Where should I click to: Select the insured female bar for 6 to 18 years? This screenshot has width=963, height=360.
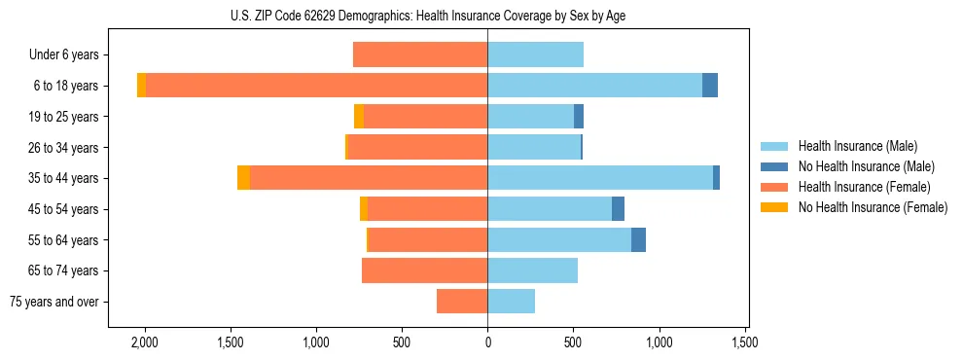pyautogui.click(x=316, y=86)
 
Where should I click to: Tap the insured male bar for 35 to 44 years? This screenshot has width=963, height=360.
pyautogui.click(x=599, y=178)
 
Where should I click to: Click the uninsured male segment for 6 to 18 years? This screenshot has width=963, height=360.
pyautogui.click(x=710, y=86)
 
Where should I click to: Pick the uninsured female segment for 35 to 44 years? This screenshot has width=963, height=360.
pyautogui.click(x=243, y=178)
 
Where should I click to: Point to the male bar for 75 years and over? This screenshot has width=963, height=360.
pyautogui.click(x=511, y=302)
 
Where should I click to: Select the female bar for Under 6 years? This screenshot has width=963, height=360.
pyautogui.click(x=420, y=54)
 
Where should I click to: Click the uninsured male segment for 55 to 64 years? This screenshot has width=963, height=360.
pyautogui.click(x=638, y=239)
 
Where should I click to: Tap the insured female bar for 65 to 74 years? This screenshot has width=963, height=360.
pyautogui.click(x=424, y=270)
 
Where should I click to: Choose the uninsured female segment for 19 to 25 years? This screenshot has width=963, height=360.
pyautogui.click(x=359, y=117)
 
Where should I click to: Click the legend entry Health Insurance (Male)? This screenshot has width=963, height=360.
pyautogui.click(x=857, y=146)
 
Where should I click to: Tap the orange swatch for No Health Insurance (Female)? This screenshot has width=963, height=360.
pyautogui.click(x=774, y=207)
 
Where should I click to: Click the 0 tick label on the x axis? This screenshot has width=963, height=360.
pyautogui.click(x=487, y=342)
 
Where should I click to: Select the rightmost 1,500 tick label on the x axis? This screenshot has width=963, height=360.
pyautogui.click(x=745, y=342)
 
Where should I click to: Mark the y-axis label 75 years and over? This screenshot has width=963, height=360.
pyautogui.click(x=54, y=302)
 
